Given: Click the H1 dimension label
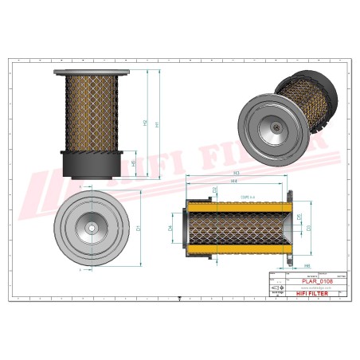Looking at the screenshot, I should click(157, 124).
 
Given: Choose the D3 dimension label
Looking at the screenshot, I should click(309, 229).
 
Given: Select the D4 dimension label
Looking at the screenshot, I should click(171, 229).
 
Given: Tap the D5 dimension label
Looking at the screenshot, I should click(299, 216).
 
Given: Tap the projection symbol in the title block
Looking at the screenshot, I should click(276, 286).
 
